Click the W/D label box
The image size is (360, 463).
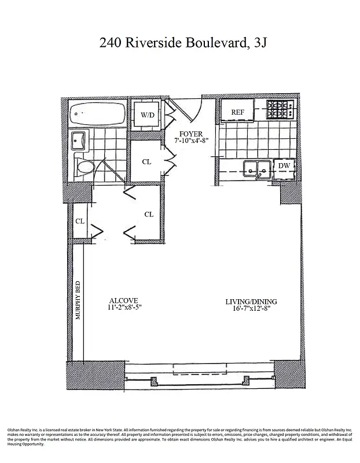[x=147, y=115]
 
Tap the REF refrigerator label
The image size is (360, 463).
[x=237, y=112]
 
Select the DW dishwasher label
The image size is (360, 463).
[x=284, y=166]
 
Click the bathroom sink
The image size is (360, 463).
[x=79, y=141]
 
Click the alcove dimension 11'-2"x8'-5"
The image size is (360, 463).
[x=124, y=308]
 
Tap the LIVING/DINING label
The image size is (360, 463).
[x=251, y=301]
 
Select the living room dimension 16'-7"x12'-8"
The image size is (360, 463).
[x=251, y=309]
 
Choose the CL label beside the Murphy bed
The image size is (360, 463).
[x=80, y=221]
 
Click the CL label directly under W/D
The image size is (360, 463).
[x=147, y=162]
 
